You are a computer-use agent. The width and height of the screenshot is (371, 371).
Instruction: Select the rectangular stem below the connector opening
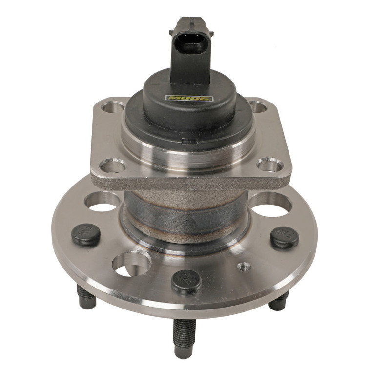click(190, 68)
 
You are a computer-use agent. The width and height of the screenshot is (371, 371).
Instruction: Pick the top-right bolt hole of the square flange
click(257, 106)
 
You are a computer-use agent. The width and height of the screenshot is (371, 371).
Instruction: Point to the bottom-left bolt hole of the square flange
click(113, 165)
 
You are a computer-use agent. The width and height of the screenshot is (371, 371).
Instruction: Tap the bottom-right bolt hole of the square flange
click(269, 165)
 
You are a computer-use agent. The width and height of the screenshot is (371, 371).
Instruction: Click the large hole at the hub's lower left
click(131, 263)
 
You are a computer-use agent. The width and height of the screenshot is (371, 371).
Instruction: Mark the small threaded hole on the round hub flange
click(244, 267)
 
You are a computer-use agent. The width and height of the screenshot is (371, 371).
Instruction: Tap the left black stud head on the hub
click(85, 234)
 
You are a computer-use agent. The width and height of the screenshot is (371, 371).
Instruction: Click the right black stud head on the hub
click(285, 237)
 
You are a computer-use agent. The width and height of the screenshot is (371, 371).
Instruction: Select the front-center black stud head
click(186, 281)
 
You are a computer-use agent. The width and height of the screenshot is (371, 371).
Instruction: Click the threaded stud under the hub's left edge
click(86, 298)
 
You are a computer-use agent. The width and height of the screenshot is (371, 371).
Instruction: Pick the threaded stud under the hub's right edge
click(279, 301)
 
